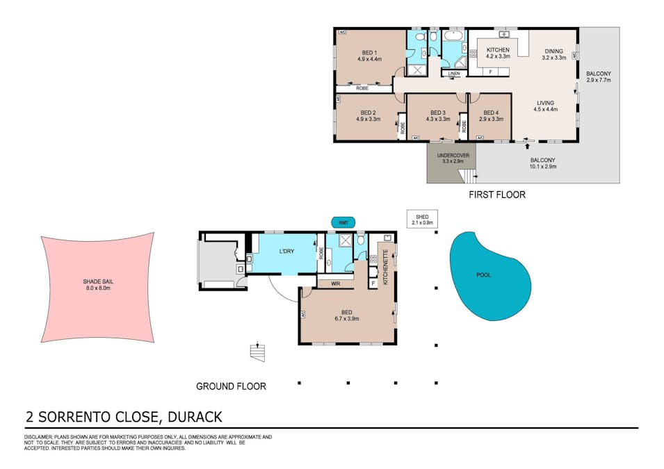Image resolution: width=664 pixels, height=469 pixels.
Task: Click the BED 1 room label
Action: tap(370, 53)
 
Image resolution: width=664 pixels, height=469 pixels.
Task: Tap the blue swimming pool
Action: tap(489, 275)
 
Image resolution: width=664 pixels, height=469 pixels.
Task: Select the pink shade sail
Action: tap(98, 287)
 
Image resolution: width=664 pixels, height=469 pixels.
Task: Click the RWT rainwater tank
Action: tap(343, 222)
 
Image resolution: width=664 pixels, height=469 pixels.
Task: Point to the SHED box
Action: tap(422, 220)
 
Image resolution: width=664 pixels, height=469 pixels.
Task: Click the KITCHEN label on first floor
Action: tap(498, 50)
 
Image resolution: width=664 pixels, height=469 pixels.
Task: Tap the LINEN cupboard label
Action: tap(453, 74)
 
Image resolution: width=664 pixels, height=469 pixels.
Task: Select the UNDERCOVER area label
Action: tap(453, 156)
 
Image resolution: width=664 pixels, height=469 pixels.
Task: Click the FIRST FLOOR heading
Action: tap(497, 195)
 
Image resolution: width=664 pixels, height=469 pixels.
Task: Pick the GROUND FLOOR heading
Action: tap(232, 386)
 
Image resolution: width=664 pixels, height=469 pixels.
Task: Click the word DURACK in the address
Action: tap(195, 417)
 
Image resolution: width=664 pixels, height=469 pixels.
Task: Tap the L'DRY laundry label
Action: tap(286, 251)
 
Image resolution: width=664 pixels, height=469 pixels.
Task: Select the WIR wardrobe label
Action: tap(335, 283)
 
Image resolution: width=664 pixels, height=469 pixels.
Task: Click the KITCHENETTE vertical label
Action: tap(386, 267)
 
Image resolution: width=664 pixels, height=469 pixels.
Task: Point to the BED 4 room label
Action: tap(492, 113)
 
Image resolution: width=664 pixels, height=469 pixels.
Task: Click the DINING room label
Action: tap(554, 51)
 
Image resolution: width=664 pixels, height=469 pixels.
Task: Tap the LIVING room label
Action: tap(545, 103)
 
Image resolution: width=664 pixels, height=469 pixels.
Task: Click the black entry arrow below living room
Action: tap(527, 147)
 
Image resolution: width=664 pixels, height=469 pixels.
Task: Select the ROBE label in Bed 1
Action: tap(362, 88)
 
